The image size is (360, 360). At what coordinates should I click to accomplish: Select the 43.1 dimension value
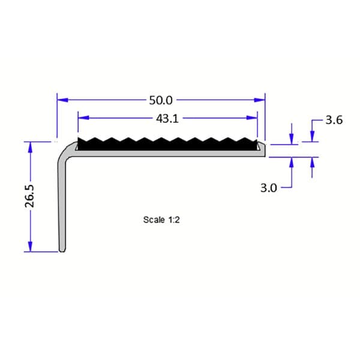pos(167,119)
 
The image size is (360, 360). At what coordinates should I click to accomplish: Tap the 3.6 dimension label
pos(334,120)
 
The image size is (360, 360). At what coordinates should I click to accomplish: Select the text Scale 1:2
pos(161,220)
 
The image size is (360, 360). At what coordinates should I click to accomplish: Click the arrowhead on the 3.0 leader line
pos(292,162)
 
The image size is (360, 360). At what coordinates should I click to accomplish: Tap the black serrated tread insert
pos(168,145)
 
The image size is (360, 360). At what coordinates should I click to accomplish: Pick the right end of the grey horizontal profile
pos(263,154)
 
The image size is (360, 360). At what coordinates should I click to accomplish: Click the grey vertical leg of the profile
pos(62,204)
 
